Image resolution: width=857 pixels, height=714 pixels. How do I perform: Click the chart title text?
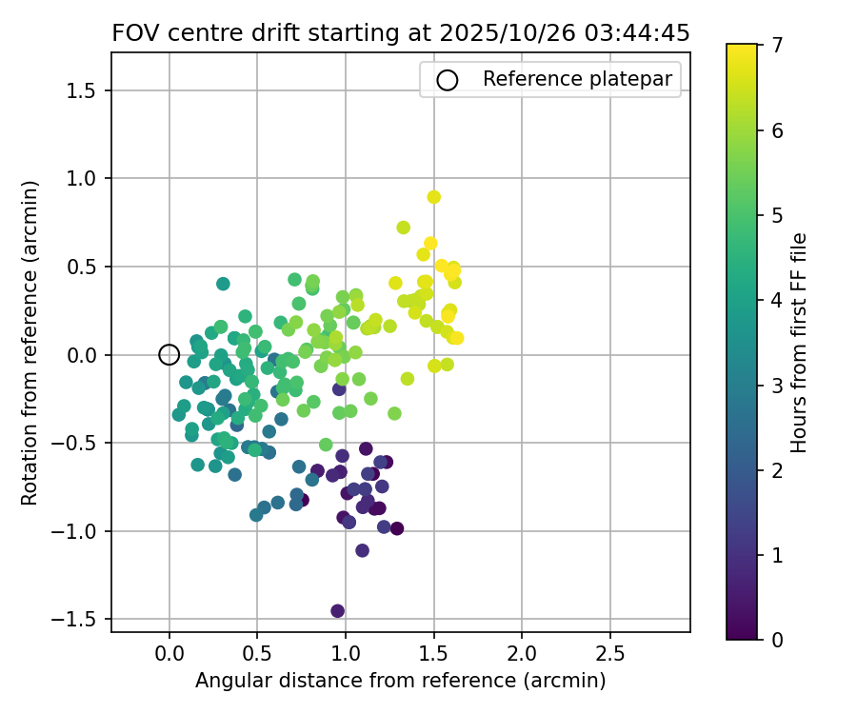tap(401, 33)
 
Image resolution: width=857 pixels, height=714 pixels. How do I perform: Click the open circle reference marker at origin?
tap(169, 355)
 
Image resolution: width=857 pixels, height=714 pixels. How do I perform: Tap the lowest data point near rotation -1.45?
tap(337, 611)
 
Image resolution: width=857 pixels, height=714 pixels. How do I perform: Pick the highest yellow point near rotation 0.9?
tap(434, 197)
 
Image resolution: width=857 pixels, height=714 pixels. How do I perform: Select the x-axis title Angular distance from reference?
tap(401, 681)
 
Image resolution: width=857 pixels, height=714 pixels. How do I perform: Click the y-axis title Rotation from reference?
tap(30, 343)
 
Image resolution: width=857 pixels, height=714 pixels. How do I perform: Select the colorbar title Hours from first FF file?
tap(800, 343)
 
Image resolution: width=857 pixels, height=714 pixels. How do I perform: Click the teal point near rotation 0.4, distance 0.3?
tap(223, 284)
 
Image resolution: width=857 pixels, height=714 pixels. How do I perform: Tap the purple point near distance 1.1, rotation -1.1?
tap(362, 550)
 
